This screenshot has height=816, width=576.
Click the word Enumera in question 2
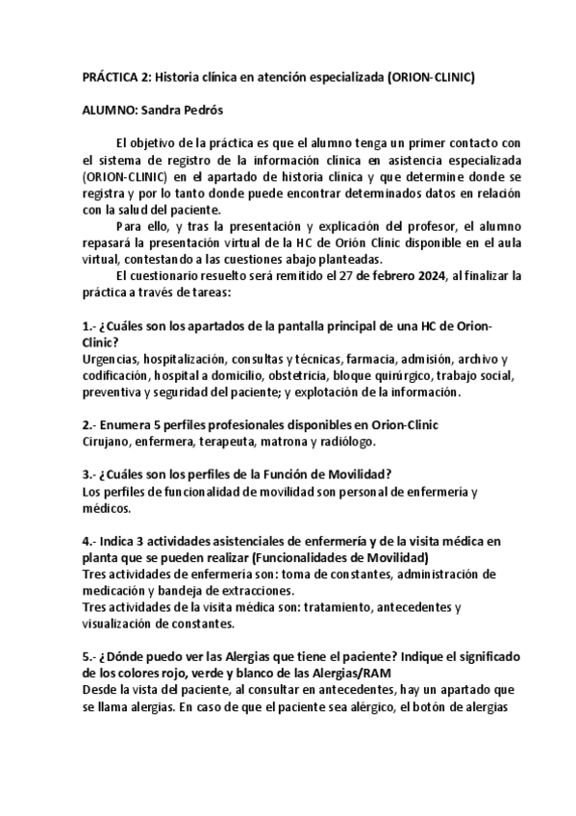coord(124,425)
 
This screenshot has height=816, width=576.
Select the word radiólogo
coord(341,442)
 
